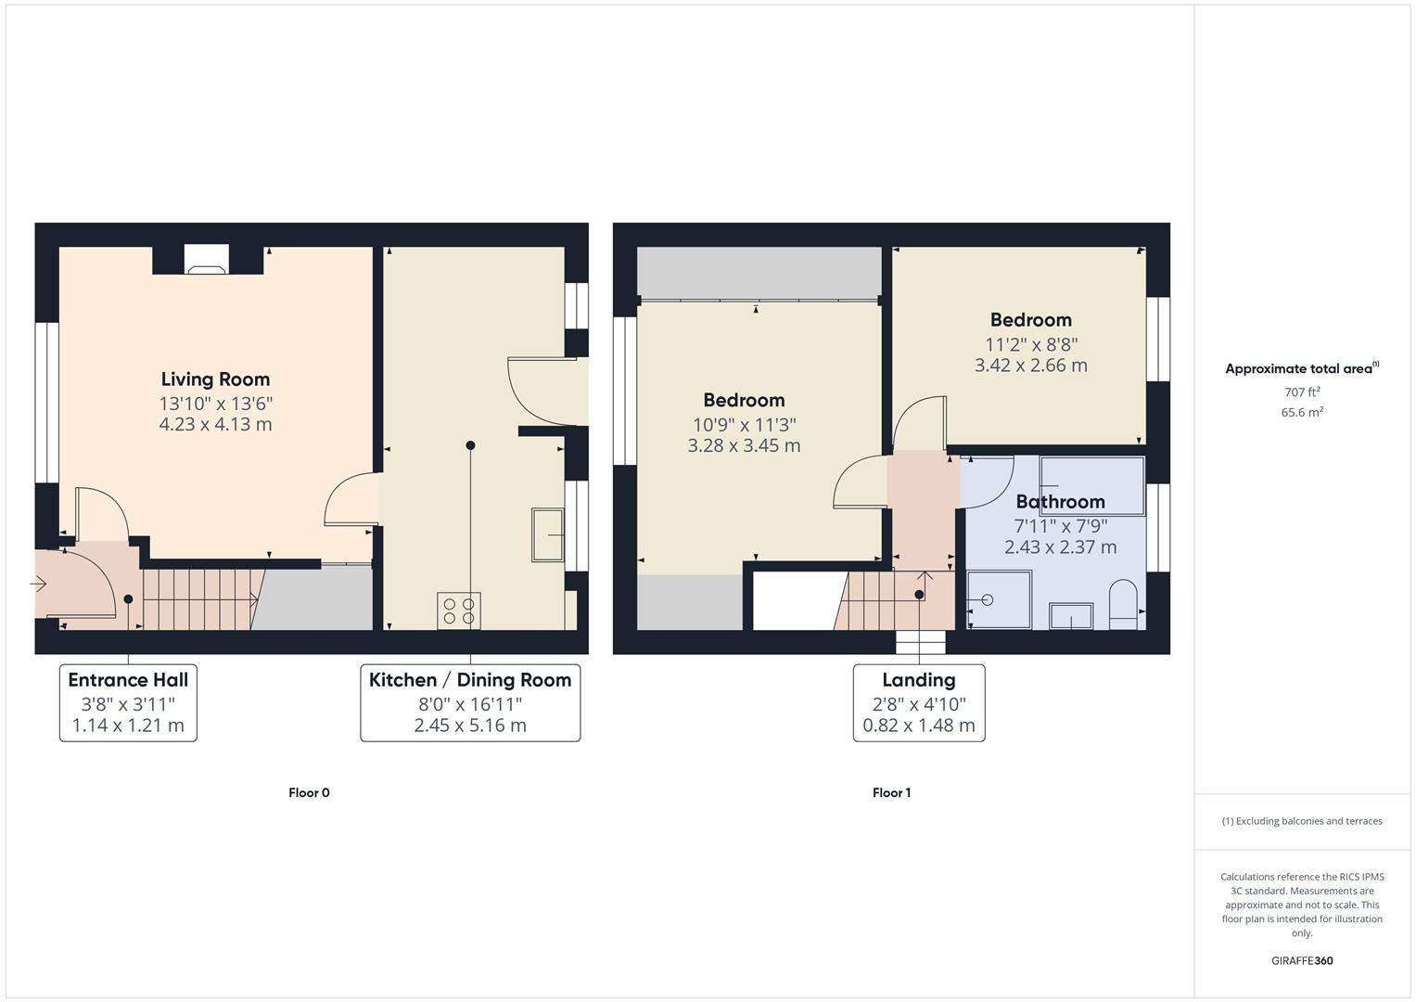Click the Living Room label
click(x=215, y=379)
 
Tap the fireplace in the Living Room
click(x=206, y=260)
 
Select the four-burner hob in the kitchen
click(x=459, y=610)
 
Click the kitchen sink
click(x=548, y=534)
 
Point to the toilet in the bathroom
click(x=1123, y=605)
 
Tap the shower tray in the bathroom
click(x=998, y=599)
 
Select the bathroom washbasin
click(x=1071, y=616)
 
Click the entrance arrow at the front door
click(x=39, y=584)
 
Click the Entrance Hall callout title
click(x=128, y=680)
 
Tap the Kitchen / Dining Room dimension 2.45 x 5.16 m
click(x=470, y=726)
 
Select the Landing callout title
click(x=918, y=680)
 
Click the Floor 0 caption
click(x=309, y=792)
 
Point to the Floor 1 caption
click(x=891, y=792)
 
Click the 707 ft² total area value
click(x=1302, y=392)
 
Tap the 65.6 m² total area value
click(x=1302, y=412)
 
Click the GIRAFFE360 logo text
click(x=1302, y=961)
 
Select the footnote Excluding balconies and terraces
click(x=1302, y=821)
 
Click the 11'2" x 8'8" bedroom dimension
click(x=1030, y=343)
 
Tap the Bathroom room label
click(x=1060, y=502)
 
